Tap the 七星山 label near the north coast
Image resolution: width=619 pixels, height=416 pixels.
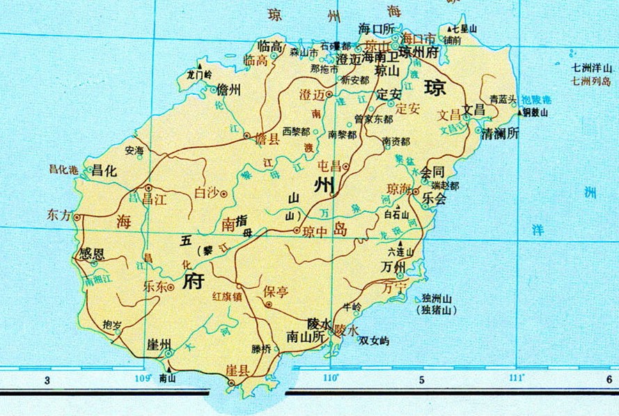(x=464, y=29)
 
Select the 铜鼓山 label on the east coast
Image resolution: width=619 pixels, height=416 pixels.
(x=535, y=112)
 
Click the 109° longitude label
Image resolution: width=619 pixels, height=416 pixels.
(x=143, y=378)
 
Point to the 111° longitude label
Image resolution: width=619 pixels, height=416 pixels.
(x=516, y=378)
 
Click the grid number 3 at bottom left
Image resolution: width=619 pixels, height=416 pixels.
(x=47, y=380)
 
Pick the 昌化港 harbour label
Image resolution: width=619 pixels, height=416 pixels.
(x=61, y=168)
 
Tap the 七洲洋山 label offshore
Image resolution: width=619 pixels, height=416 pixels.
(x=590, y=68)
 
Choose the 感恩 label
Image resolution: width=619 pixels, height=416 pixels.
(x=93, y=252)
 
